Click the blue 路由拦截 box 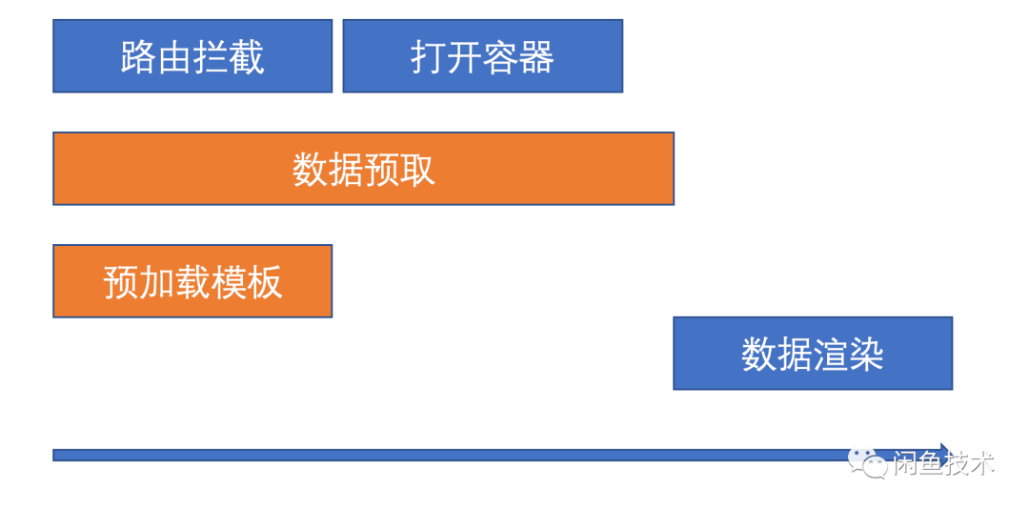(192, 56)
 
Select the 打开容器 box (482, 56)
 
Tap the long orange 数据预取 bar (364, 169)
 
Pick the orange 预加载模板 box (192, 281)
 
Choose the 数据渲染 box (813, 354)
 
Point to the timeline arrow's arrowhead (945, 455)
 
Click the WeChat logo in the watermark (868, 463)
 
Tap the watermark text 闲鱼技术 (943, 463)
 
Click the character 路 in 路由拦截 (138, 57)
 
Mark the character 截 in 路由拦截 (247, 57)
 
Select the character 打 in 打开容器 (429, 57)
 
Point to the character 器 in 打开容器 (536, 57)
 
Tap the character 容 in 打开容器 (501, 57)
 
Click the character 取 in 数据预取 (418, 170)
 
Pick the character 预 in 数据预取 (382, 170)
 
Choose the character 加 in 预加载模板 (157, 282)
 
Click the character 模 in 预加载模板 (229, 282)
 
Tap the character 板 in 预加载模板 (265, 282)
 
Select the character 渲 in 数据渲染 (831, 355)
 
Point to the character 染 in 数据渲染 (867, 355)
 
